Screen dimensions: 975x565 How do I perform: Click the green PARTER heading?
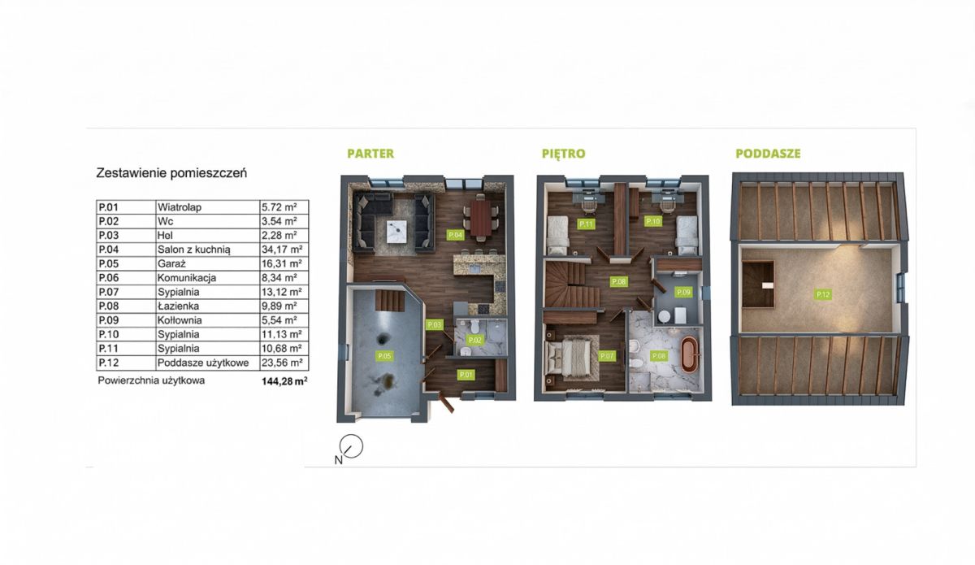tap(370, 154)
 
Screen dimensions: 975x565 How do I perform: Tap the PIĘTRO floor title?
tap(564, 154)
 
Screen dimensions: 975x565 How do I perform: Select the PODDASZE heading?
tap(769, 154)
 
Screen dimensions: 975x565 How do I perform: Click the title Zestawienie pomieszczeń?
tap(171, 173)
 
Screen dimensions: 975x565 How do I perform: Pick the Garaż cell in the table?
tap(171, 263)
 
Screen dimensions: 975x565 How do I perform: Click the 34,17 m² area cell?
tap(282, 250)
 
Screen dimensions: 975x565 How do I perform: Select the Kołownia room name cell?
tap(180, 320)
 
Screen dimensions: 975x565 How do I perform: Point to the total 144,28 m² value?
tap(284, 381)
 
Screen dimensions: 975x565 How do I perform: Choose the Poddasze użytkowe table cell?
tap(203, 363)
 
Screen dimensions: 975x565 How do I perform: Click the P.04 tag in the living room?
tap(455, 235)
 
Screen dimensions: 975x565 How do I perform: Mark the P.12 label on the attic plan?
tap(822, 294)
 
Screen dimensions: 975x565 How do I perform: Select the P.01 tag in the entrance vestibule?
tap(466, 375)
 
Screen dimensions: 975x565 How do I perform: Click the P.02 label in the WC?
tap(474, 340)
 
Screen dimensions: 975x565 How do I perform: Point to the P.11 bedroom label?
tap(586, 224)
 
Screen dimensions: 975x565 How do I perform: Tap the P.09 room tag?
tap(683, 292)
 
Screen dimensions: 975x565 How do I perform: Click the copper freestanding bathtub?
tap(689, 354)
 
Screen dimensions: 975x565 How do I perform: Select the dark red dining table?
tap(480, 218)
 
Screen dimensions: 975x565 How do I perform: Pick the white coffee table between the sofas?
tap(396, 232)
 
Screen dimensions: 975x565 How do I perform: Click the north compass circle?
tap(351, 446)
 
